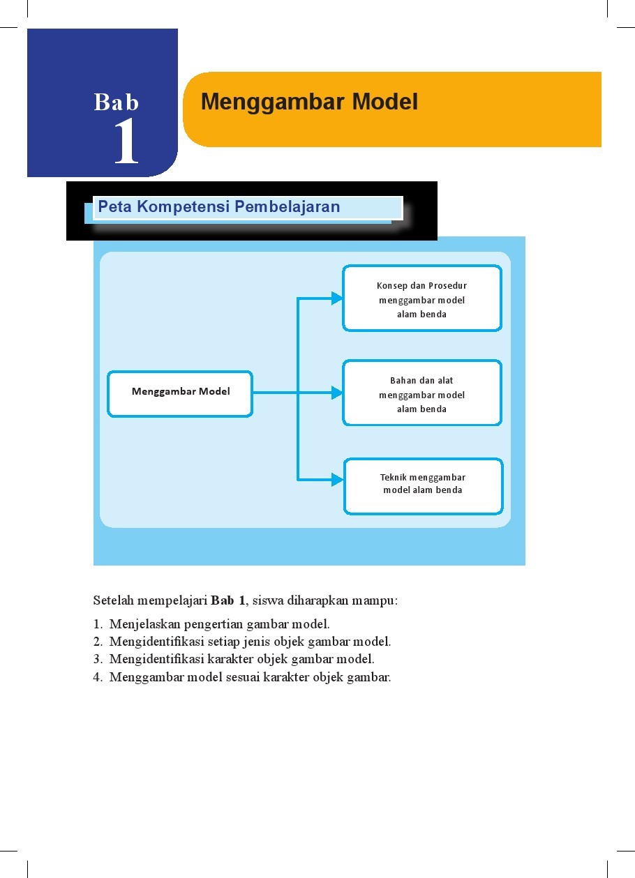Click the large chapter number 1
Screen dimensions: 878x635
click(x=126, y=142)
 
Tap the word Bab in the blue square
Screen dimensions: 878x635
click(x=117, y=103)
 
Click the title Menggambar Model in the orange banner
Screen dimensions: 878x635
click(x=309, y=103)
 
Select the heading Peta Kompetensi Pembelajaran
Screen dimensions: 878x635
click(x=219, y=207)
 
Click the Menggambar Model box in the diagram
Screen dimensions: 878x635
click(x=180, y=393)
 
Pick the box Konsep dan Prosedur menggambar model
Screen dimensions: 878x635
click(x=421, y=298)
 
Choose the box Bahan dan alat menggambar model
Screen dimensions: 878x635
click(x=421, y=393)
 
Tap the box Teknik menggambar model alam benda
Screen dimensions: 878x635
click(x=423, y=486)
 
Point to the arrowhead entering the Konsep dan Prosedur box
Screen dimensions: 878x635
click(x=337, y=298)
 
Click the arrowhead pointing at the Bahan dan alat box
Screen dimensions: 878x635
click(x=337, y=393)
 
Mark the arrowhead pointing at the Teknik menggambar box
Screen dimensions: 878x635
click(x=338, y=480)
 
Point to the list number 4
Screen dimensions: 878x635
click(x=97, y=676)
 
